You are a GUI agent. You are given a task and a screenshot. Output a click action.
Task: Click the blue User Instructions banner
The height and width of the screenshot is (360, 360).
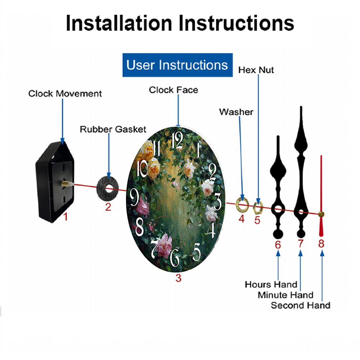coord(177,65)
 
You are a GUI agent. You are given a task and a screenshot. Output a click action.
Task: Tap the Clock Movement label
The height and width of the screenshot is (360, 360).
coord(65,94)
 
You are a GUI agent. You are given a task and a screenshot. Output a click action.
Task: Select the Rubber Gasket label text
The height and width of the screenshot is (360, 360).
coord(113,129)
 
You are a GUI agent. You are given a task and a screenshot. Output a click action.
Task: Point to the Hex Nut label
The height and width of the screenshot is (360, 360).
coord(256,70)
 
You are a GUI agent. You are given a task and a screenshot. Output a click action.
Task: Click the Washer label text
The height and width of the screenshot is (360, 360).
coord(236,112)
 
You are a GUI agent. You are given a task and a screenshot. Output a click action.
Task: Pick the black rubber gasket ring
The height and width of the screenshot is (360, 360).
coord(107,189)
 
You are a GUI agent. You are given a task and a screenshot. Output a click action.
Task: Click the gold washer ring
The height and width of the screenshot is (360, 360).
coord(242,204)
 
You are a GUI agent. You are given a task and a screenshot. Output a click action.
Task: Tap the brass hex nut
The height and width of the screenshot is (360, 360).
coord(258,207)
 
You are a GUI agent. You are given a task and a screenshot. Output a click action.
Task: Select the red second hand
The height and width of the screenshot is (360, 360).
coord(321,196)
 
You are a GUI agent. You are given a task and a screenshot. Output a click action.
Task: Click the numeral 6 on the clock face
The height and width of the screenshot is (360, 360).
coord(175,258)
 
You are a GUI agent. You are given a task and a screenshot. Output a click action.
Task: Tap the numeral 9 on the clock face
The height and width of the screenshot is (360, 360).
coord(134,197)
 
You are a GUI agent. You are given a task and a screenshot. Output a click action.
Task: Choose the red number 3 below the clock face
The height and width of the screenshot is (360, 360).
coord(179,278)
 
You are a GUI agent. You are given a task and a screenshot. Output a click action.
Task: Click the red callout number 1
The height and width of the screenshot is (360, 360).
coord(66,216)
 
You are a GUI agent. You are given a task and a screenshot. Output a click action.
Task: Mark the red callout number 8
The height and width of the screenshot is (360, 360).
coord(321,244)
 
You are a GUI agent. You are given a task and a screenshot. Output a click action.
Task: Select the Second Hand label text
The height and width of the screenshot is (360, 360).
coord(301,305)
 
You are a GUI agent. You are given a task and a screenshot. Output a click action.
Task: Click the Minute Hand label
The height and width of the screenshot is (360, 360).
coord(285,295)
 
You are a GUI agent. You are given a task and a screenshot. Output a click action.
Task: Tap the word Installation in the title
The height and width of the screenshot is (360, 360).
coord(119,23)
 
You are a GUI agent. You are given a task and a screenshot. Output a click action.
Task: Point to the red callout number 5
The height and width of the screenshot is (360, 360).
coord(257,220)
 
